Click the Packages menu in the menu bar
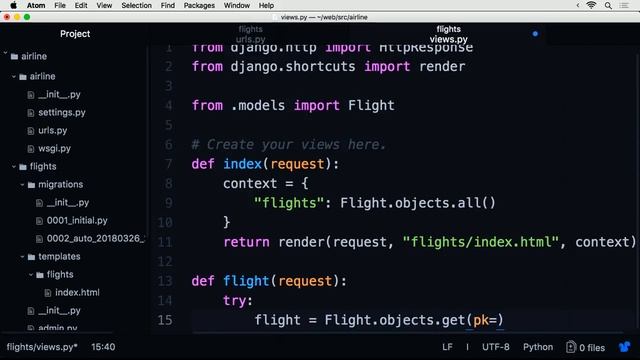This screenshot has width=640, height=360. point(200,5)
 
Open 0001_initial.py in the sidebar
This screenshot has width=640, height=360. point(77,220)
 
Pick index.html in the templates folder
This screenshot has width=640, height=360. point(77,292)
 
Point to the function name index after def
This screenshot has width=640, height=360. point(243,164)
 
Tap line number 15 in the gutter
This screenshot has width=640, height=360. point(165,320)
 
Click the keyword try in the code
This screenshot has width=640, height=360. point(238,300)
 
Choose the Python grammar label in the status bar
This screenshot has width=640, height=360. point(537,347)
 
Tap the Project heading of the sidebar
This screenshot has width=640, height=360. point(75,34)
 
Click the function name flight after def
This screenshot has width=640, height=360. point(247,281)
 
